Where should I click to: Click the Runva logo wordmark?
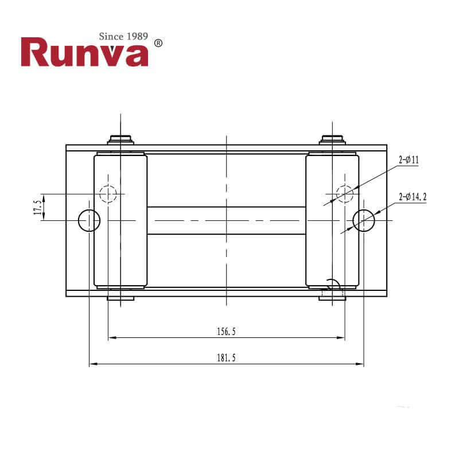pyautogui.click(x=85, y=53)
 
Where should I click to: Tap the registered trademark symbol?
pyautogui.click(x=159, y=43)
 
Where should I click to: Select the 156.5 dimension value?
pyautogui.click(x=227, y=331)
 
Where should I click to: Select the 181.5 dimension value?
pyautogui.click(x=227, y=357)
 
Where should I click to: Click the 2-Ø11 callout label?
pyautogui.click(x=409, y=161)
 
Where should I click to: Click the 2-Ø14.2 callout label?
pyautogui.click(x=413, y=197)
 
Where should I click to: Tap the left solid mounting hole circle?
pyautogui.click(x=90, y=220)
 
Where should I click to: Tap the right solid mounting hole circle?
pyautogui.click(x=364, y=220)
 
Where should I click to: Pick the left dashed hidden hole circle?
pyautogui.click(x=108, y=194)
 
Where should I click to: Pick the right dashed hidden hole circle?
pyautogui.click(x=345, y=194)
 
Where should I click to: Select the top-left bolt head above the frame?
pyautogui.click(x=120, y=139)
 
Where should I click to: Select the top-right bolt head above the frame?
pyautogui.click(x=333, y=139)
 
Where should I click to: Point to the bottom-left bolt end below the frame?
pyautogui.click(x=120, y=296)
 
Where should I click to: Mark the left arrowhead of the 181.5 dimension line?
pyautogui.click(x=92, y=364)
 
